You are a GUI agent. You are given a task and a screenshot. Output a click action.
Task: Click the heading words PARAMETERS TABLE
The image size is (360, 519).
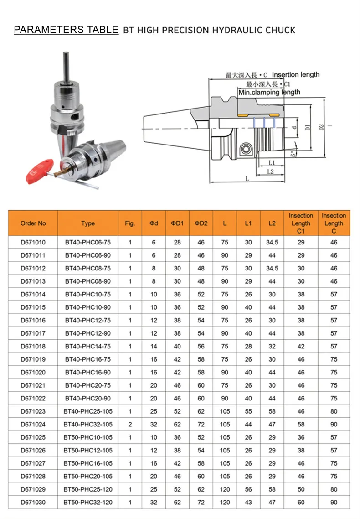[66, 30]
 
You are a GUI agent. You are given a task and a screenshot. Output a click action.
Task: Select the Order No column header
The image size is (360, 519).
[33, 223]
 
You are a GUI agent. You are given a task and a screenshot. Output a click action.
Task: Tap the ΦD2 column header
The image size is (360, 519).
[201, 223]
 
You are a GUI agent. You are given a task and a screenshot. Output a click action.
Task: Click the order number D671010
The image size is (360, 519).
[33, 243]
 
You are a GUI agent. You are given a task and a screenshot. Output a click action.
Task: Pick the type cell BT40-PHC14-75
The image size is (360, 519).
[88, 347]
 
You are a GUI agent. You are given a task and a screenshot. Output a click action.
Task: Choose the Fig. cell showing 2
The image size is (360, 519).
[130, 425]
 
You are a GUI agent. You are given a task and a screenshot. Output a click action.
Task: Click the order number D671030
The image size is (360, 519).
[33, 503]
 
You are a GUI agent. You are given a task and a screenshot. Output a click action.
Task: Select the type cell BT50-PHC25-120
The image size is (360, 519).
[88, 489]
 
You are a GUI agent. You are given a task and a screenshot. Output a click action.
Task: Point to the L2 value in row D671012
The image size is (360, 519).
[272, 269]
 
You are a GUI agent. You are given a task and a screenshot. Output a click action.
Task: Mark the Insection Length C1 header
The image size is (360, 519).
[301, 223]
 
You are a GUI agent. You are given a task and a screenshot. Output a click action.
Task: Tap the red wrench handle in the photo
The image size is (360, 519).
[39, 167]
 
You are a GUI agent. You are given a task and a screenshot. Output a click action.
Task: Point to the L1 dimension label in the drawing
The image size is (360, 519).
[272, 162]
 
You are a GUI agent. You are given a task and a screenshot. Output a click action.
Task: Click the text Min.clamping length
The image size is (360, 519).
[269, 92]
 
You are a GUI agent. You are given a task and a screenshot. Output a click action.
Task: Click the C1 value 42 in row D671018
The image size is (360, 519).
[301, 347]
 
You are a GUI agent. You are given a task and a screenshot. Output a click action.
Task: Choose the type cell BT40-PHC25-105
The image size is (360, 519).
[88, 411]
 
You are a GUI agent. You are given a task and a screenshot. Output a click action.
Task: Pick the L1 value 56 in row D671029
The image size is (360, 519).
[248, 489]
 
